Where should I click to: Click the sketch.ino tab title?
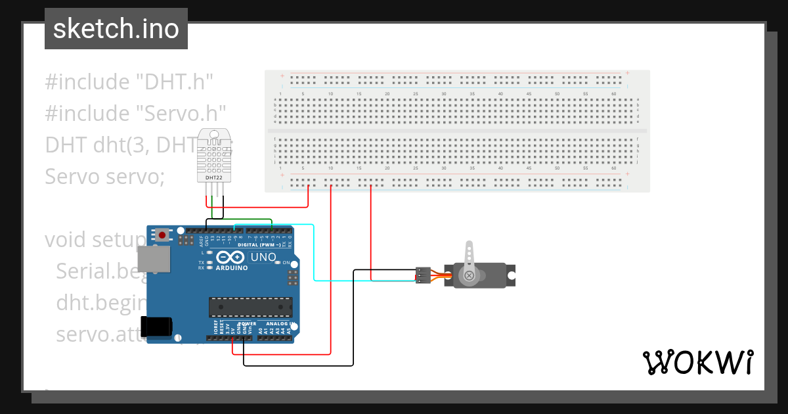pos(116,29)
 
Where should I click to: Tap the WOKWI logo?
pos(697,362)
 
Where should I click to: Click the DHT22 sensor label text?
pos(214,177)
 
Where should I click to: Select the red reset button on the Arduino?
pos(162,234)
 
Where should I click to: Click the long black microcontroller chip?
pos(250,306)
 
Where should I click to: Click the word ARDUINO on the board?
pos(231,268)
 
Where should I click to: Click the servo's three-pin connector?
pos(423,275)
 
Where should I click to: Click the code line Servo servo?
pos(104,176)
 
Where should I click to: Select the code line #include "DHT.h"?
pos(130,82)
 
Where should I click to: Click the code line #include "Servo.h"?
pos(136,113)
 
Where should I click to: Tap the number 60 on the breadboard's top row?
pos(613,94)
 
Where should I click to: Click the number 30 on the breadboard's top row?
pos(444,94)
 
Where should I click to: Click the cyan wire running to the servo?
pos(314,256)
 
